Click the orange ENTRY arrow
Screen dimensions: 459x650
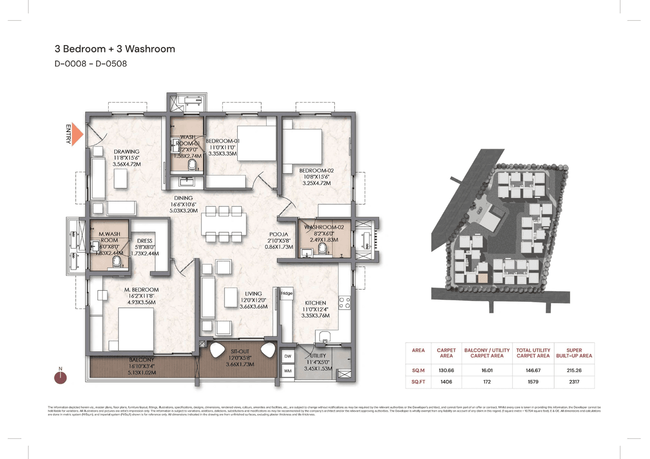pos(77,134)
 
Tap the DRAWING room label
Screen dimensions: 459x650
pos(126,152)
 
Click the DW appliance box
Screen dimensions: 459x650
pos(288,357)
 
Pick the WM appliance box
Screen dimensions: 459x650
pos(288,371)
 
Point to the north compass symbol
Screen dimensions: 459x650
pos(60,376)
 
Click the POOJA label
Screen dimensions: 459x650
pos(279,235)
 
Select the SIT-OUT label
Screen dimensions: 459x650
pos(239,350)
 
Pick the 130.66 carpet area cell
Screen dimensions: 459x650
pos(446,370)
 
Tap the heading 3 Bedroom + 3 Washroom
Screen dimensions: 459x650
pos(115,49)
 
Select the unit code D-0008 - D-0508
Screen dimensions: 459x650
pos(90,64)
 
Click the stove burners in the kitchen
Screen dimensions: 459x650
pos(344,303)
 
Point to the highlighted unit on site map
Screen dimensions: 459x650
pos(483,278)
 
